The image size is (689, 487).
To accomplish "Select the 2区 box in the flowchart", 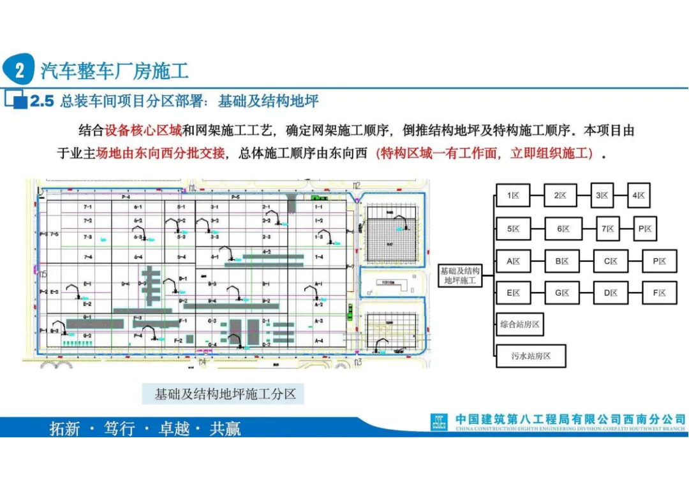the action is [560, 196].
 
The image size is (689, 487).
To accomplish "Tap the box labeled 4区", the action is [639, 196].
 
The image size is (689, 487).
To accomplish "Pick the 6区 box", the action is [563, 228].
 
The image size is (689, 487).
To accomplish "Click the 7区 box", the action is [609, 228].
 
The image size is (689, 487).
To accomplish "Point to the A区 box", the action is [514, 261].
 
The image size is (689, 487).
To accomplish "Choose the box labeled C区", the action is [611, 261].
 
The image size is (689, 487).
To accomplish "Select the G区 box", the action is [562, 293].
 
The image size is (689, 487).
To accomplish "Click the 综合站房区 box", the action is [520, 324].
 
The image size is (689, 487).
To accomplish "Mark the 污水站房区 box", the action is [531, 356].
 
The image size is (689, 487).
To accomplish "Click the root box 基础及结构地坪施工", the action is [459, 276].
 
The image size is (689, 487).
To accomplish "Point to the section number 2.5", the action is [43, 101].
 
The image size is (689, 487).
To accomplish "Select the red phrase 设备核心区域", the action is [144, 131].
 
